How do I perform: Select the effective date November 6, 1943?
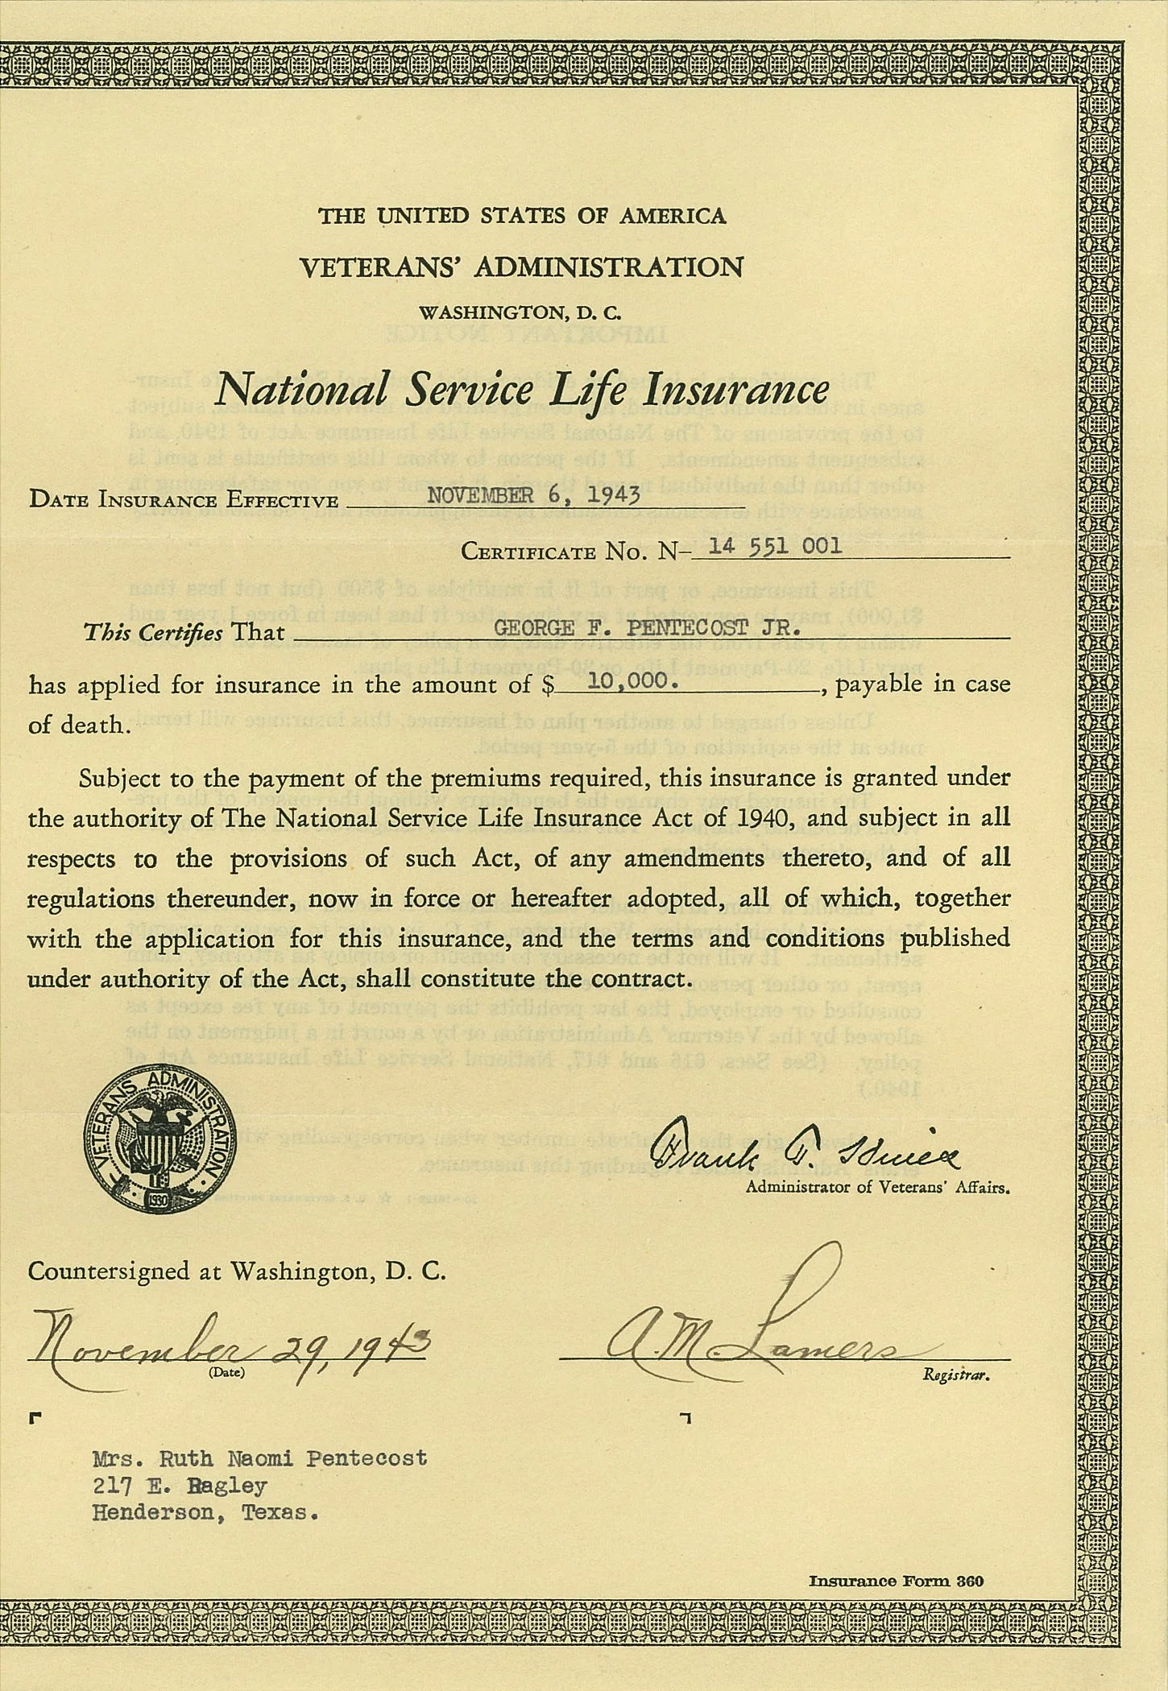tap(532, 494)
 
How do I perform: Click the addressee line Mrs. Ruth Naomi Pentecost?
tap(259, 1459)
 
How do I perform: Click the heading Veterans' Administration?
tap(521, 267)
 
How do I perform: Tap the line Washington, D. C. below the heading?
tap(521, 312)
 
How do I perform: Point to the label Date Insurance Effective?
tap(183, 499)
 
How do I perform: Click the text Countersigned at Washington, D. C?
tap(236, 1271)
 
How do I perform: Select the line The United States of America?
tap(522, 216)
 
